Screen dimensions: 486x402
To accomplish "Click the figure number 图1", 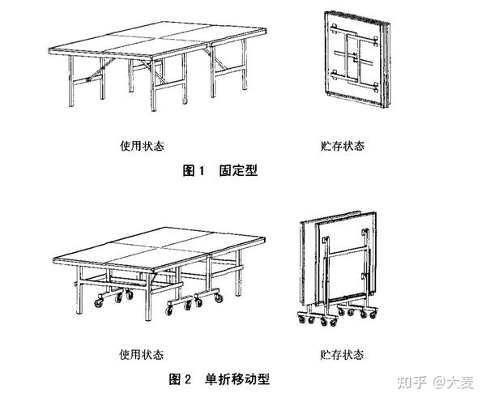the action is tap(192, 171).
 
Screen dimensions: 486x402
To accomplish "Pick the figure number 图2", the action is tap(179, 379).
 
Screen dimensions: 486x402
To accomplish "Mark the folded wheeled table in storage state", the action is tap(340, 259).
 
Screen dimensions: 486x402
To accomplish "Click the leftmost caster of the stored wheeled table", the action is tap(297, 319).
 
